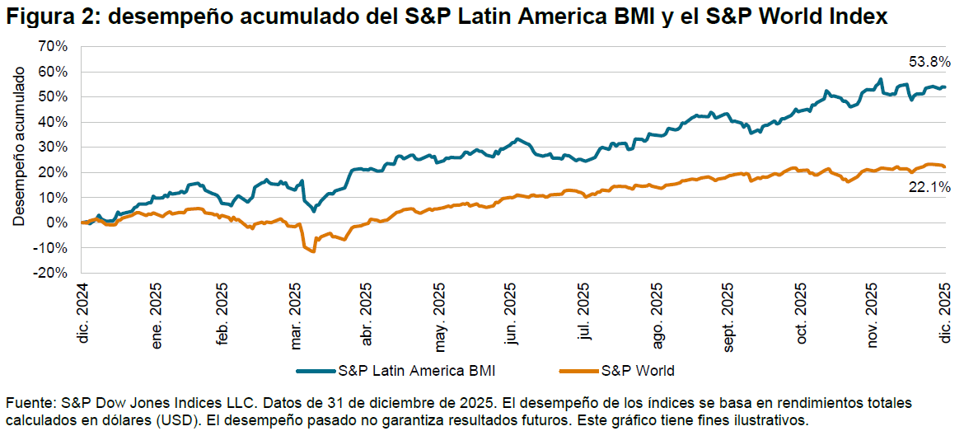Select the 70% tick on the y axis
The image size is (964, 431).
[53, 47]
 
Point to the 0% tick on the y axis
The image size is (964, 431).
[57, 223]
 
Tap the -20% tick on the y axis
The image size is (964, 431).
[51, 273]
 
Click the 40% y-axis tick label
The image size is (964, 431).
[53, 122]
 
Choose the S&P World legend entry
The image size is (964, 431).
[637, 370]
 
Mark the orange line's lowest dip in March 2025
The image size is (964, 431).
[313, 251]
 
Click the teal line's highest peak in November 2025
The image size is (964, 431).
[881, 80]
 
